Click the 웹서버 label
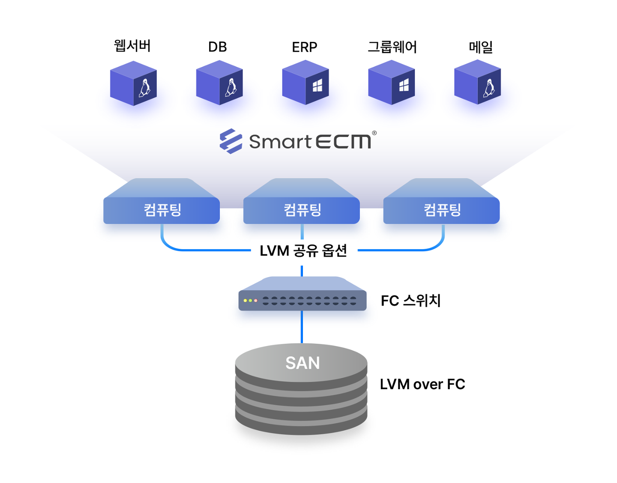tap(132, 46)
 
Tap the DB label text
tap(218, 47)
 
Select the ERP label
tap(304, 47)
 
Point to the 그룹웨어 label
tap(392, 47)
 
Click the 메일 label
tap(480, 47)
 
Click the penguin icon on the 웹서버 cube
tap(144, 88)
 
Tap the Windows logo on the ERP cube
tap(317, 85)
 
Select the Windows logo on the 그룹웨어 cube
tap(404, 85)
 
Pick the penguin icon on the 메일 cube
tap(489, 88)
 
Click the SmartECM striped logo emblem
tap(231, 141)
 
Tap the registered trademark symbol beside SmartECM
tap(374, 133)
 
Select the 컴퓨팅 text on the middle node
tap(303, 210)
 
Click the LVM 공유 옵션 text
tap(303, 251)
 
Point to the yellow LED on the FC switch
tap(245, 300)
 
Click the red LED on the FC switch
tap(255, 300)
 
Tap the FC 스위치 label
tap(410, 301)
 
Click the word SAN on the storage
tap(303, 363)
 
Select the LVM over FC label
tap(422, 385)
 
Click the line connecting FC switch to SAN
tap(302, 327)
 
